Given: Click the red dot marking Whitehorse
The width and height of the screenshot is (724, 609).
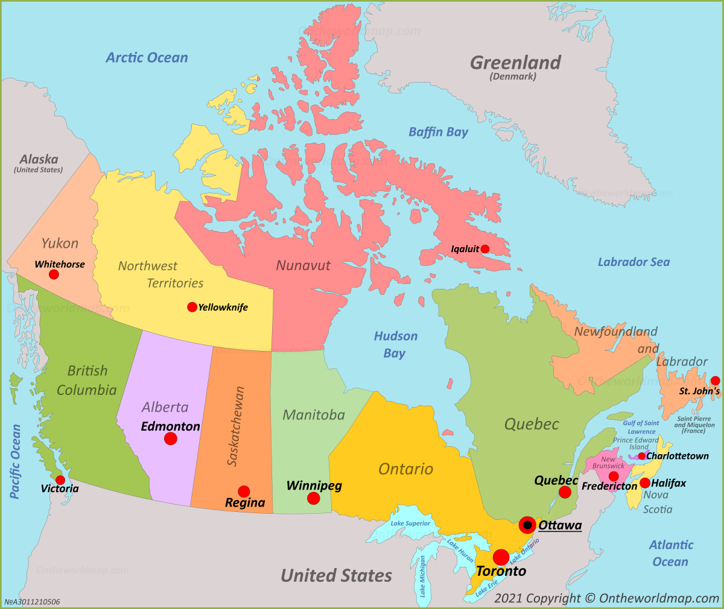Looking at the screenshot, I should click(x=54, y=274).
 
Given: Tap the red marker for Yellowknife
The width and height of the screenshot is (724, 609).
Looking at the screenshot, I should click(x=192, y=307).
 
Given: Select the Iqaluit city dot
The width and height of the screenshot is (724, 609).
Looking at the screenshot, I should click(x=484, y=249).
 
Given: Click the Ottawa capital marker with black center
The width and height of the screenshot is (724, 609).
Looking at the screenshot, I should click(x=527, y=525).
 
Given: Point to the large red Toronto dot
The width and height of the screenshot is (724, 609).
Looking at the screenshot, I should click(x=501, y=557).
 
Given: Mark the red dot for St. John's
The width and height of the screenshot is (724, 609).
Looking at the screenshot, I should click(x=715, y=380).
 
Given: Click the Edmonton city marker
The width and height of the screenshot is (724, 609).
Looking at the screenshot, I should click(x=171, y=439).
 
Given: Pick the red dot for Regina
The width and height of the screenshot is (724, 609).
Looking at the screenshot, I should click(x=244, y=491).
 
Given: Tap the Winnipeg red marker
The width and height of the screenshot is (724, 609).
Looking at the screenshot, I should click(x=313, y=498).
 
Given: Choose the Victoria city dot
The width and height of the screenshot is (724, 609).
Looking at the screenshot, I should click(x=60, y=480).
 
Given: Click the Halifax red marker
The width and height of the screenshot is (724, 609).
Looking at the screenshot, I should click(x=645, y=483).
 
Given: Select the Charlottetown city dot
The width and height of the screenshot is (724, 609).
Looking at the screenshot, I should click(x=641, y=456).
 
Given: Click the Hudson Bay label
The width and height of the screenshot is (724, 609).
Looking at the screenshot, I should click(x=395, y=344).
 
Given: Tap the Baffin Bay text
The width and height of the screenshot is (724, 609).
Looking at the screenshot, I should click(x=438, y=132).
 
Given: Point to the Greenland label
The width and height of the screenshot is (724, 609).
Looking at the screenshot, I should click(x=515, y=63).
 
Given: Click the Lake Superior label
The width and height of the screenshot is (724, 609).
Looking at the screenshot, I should click(x=410, y=523).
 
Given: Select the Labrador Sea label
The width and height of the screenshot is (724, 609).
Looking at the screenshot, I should click(x=634, y=262).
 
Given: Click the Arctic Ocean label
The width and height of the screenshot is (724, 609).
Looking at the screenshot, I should click(x=147, y=58).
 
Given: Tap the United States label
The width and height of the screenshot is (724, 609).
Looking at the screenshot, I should click(x=336, y=576).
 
